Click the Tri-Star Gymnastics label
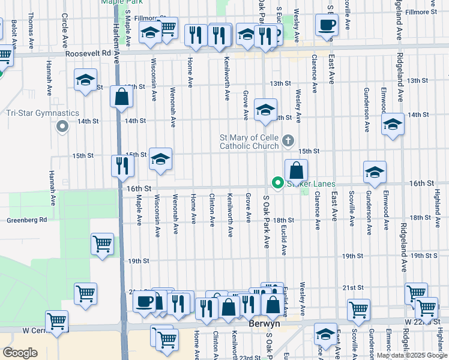(x=42, y=113)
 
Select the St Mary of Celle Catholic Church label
(x=249, y=142)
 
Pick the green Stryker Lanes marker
(x=277, y=182)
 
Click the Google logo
(x=20, y=352)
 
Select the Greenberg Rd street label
(x=27, y=220)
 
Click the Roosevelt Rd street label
(x=98, y=52)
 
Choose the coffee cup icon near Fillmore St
(x=327, y=25)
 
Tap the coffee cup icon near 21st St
(x=145, y=302)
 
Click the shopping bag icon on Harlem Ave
(x=122, y=97)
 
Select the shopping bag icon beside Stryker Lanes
(x=296, y=170)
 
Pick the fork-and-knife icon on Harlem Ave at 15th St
(x=123, y=166)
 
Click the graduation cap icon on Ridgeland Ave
(x=393, y=124)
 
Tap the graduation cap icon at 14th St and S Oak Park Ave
(x=265, y=110)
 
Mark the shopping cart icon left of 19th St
(x=102, y=244)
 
